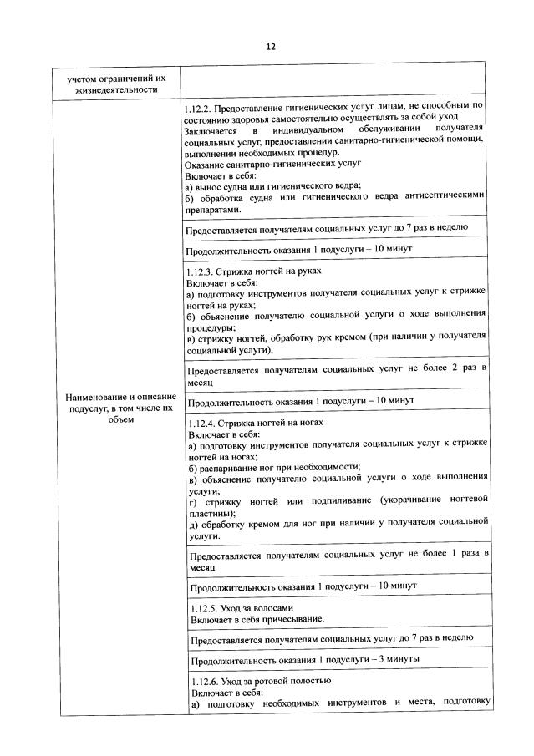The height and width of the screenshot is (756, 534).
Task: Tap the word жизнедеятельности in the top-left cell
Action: click(x=115, y=89)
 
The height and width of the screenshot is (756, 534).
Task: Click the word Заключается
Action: click(x=210, y=132)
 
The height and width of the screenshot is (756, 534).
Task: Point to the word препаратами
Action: click(x=214, y=210)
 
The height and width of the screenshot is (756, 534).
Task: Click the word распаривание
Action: click(x=228, y=466)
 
